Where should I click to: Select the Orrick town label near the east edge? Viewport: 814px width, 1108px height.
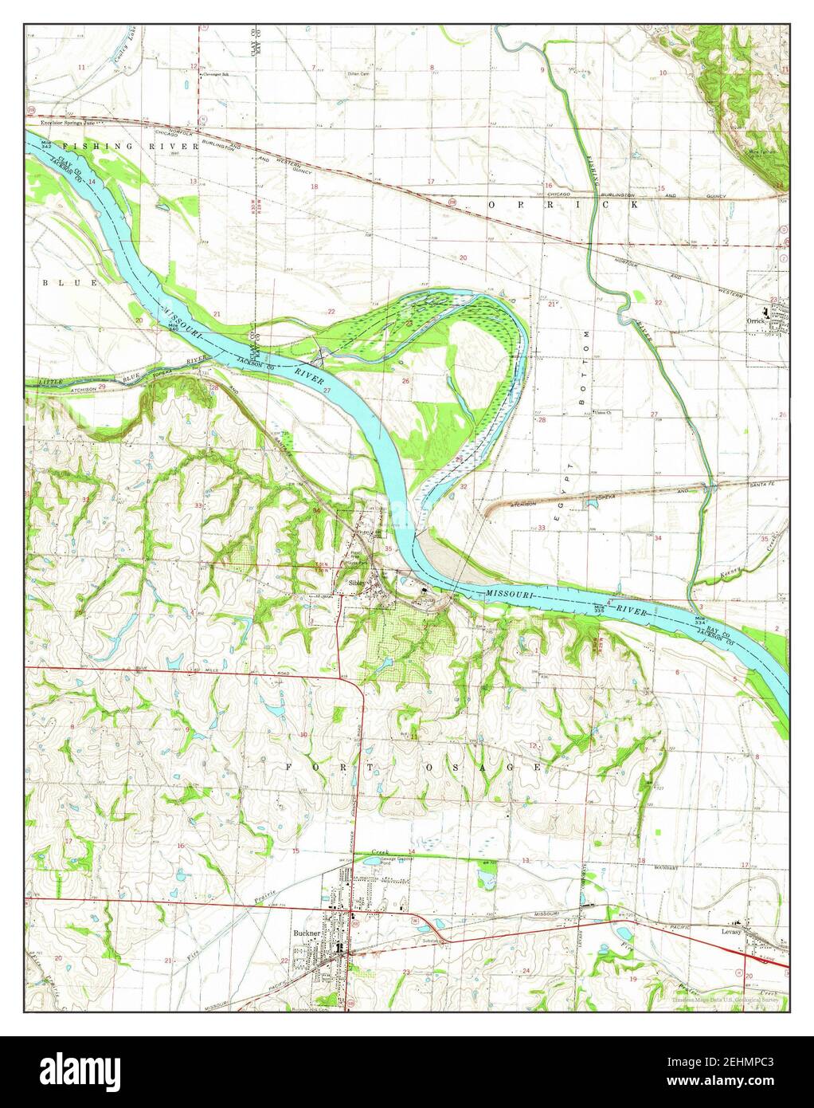pyautogui.click(x=755, y=321)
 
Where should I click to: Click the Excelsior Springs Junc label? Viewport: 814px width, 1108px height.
pyautogui.click(x=62, y=124)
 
